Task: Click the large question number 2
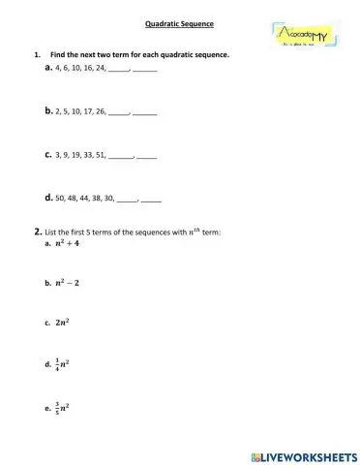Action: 36,232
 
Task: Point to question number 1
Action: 37,55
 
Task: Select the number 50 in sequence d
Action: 60,197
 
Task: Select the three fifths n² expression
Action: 65,408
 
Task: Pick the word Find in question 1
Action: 58,55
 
